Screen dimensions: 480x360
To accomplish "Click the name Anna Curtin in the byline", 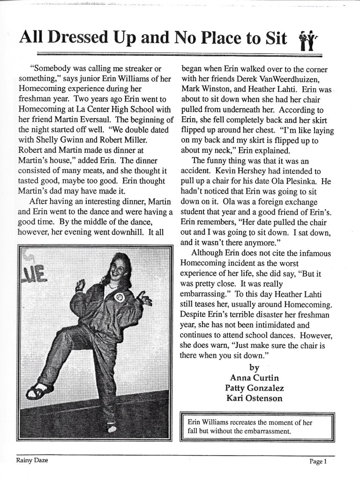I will [254, 377].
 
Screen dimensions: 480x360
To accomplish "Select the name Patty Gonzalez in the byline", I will [254, 388].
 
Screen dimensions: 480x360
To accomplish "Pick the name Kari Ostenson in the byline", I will [254, 399].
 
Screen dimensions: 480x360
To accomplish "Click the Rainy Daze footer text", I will [31, 461].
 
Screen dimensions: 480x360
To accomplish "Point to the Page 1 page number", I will [318, 462].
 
